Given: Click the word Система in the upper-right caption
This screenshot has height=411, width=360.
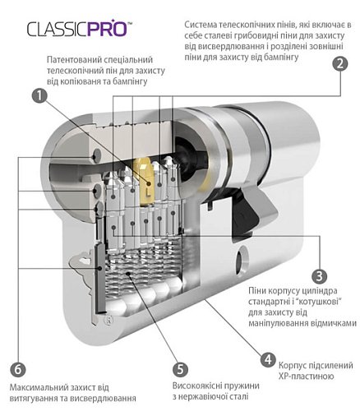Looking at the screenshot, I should tap(205, 25).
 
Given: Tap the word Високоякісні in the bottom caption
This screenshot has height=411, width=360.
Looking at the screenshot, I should tap(199, 386).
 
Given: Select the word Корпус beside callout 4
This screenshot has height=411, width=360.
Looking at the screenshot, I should tap(295, 364).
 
